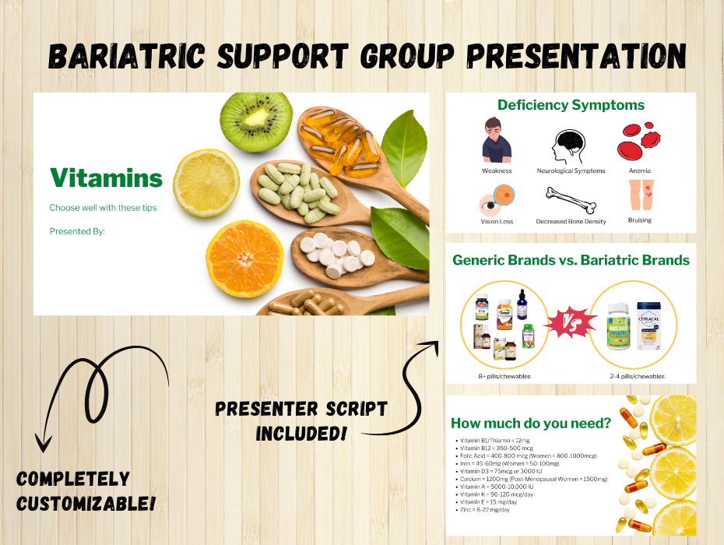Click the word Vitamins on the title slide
click(106, 178)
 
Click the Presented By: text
click(77, 231)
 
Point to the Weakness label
click(497, 171)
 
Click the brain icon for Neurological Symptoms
click(570, 146)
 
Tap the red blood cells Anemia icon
click(639, 142)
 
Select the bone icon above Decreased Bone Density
click(570, 199)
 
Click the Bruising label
click(639, 220)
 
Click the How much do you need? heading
click(531, 424)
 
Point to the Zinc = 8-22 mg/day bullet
click(485, 509)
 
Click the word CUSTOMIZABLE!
click(86, 503)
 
